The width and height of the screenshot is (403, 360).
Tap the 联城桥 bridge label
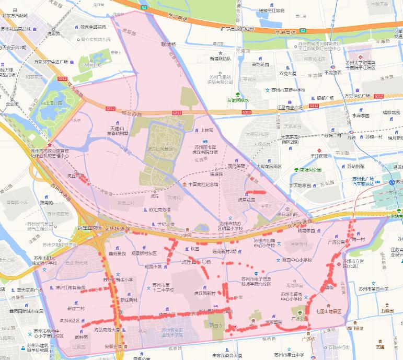(x=169, y=44)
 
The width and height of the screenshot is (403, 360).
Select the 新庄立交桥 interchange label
(x=88, y=228)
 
